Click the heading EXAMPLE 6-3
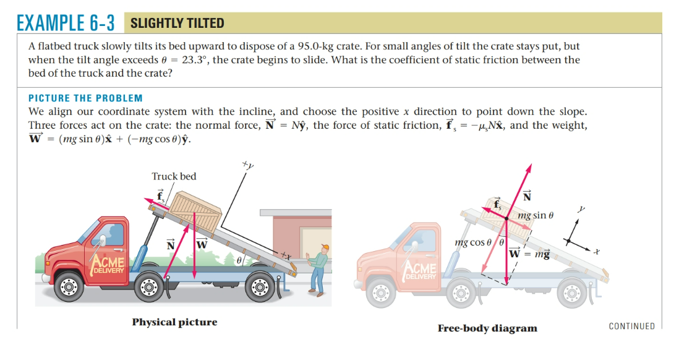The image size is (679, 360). [66, 23]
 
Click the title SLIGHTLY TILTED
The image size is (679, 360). [177, 24]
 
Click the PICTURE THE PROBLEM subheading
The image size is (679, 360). [85, 98]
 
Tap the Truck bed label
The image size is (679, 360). [174, 176]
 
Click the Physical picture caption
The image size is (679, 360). [174, 322]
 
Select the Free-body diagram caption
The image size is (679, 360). [487, 328]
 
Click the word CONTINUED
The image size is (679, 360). [631, 326]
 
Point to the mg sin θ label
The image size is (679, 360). [536, 216]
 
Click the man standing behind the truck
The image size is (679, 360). [319, 268]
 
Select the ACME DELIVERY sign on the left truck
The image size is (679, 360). [109, 264]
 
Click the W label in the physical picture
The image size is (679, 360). [201, 245]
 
